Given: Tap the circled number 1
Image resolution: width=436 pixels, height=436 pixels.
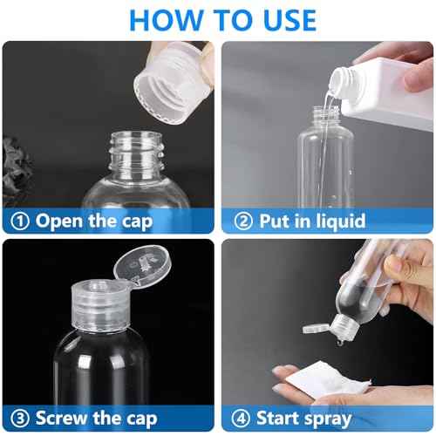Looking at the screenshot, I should click(17, 221).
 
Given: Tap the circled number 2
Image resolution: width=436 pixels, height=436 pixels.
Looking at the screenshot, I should click(238, 221).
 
